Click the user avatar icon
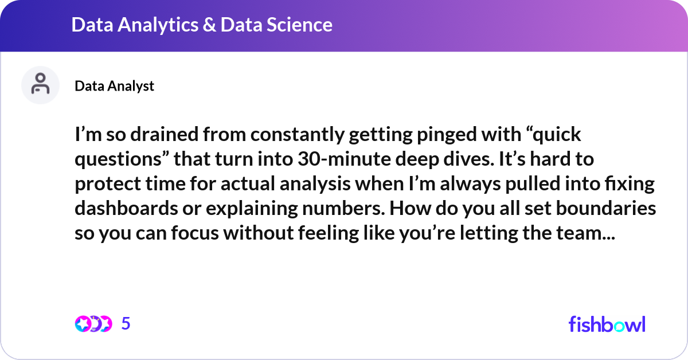tap(40, 85)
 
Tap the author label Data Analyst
tap(114, 86)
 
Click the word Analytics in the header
tap(151, 25)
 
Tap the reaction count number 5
tap(126, 324)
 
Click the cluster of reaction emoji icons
tap(93, 324)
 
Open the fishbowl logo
tap(607, 324)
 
